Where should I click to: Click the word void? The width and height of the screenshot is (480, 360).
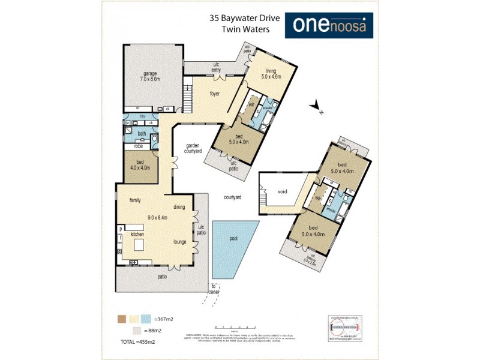click(x=283, y=192)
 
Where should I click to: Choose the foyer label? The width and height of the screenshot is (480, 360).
click(x=215, y=94)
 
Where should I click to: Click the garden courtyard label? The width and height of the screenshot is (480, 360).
click(x=193, y=148)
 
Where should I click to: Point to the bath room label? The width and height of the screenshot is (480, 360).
click(x=142, y=134)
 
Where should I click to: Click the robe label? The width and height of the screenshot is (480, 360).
click(x=138, y=146)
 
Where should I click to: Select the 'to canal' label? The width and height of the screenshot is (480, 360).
click(x=212, y=288)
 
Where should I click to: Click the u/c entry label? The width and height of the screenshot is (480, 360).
click(x=216, y=67)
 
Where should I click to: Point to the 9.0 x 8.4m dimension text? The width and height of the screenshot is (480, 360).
click(x=154, y=218)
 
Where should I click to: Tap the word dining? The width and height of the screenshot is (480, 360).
click(x=179, y=207)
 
